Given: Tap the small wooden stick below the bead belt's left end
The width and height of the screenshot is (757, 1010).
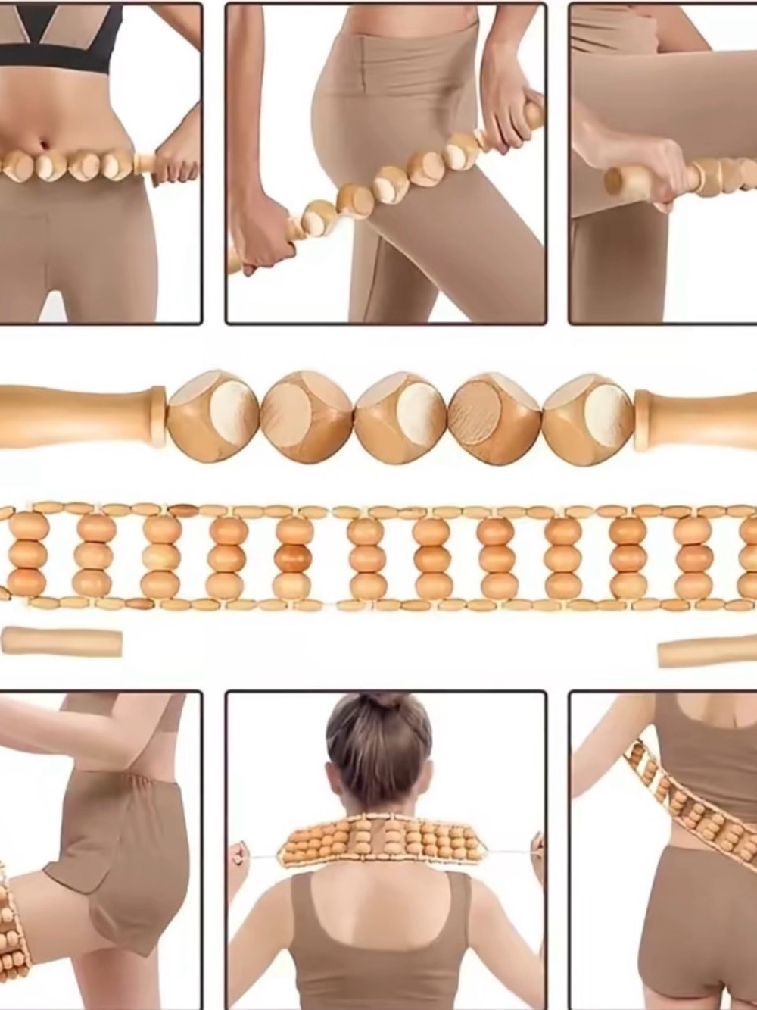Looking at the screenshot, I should [61, 640].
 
